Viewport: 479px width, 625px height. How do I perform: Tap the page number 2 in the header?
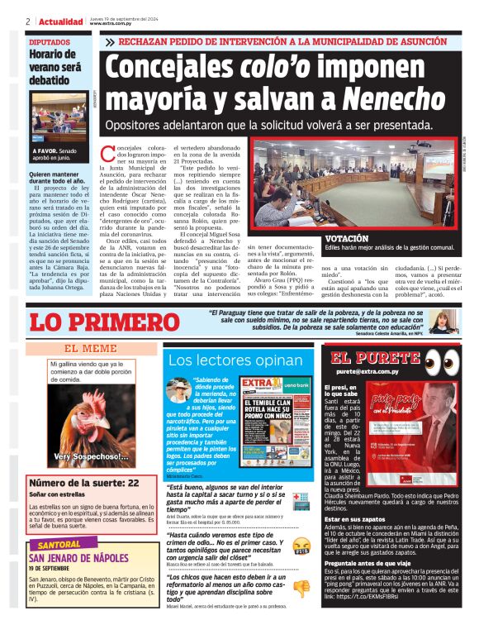click(x=28, y=21)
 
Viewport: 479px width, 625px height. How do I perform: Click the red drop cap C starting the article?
click(x=107, y=153)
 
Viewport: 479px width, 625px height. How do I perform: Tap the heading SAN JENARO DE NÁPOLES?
click(x=78, y=558)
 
